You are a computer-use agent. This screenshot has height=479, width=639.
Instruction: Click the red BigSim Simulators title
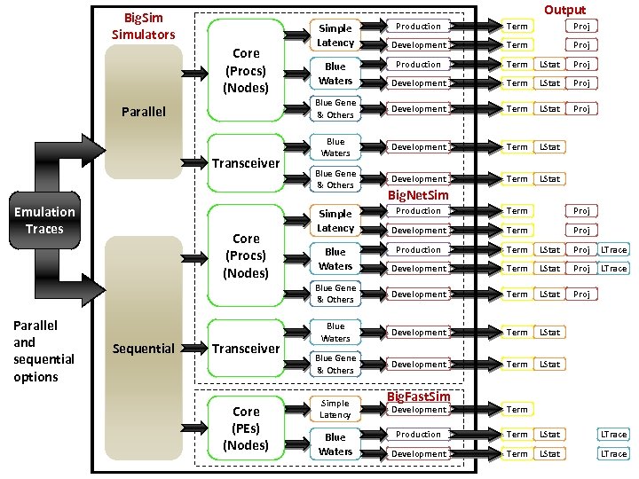[x=143, y=26]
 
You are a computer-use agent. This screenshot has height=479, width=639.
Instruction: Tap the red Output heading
[x=564, y=10]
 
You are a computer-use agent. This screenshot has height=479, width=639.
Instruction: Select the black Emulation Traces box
[x=44, y=220]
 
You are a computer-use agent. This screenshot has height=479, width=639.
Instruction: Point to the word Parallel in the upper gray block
[x=143, y=112]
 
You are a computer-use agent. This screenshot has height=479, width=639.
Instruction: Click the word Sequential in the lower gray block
[x=143, y=349]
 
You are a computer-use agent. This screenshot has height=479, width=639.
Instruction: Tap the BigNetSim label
[x=418, y=195]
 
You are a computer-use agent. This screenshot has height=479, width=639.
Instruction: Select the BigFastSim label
[x=418, y=397]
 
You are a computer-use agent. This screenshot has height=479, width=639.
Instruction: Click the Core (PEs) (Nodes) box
[x=246, y=428]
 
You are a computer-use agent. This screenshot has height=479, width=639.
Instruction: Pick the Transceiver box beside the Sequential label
[x=246, y=349]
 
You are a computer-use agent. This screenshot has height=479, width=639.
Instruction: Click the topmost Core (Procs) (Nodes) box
[x=246, y=70]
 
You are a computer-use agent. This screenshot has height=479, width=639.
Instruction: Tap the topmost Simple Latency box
[x=335, y=35]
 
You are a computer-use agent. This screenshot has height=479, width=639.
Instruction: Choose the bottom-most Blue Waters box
[x=335, y=444]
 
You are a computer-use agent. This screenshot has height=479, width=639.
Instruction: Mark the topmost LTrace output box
[x=613, y=250]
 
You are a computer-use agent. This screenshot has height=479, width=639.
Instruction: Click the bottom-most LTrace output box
[x=613, y=453]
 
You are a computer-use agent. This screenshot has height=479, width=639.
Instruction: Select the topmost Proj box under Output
[x=580, y=27]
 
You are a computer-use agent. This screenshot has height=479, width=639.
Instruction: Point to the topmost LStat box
[x=550, y=65]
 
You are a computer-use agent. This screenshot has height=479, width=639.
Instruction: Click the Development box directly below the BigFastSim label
[x=418, y=410]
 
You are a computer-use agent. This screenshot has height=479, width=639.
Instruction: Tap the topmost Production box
[x=418, y=27]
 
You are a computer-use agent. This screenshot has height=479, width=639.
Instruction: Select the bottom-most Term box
[x=517, y=453]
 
